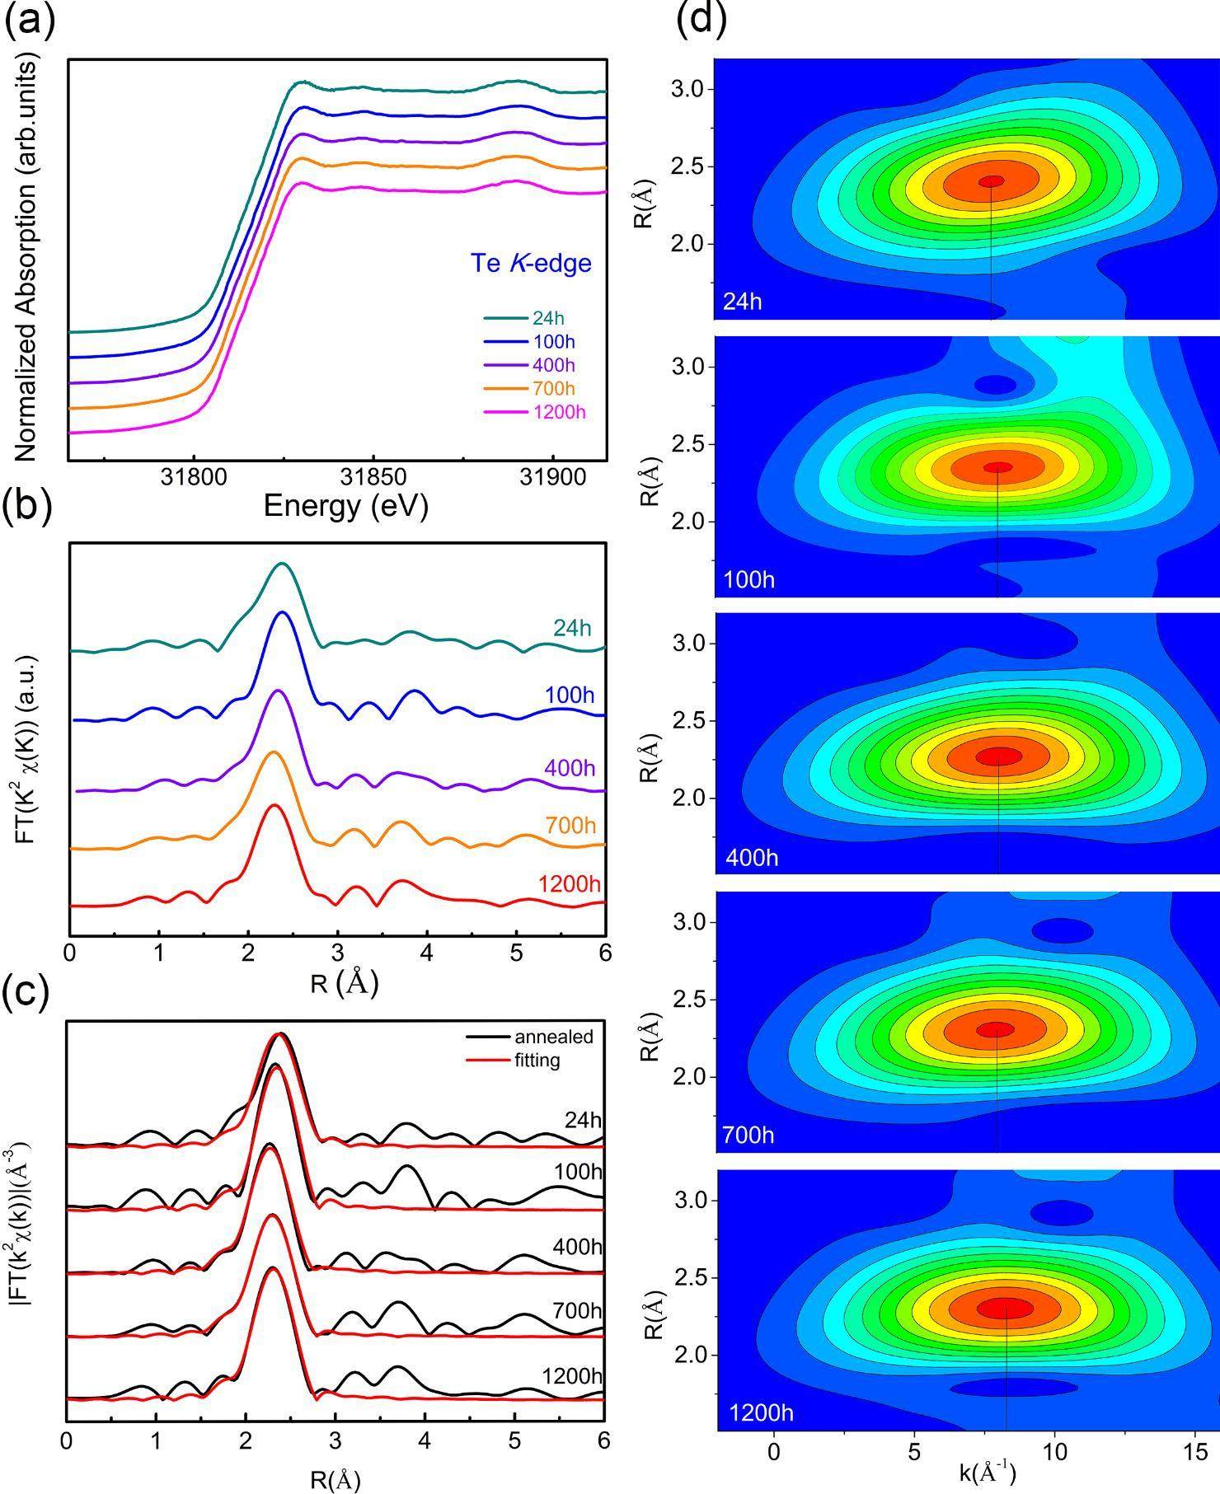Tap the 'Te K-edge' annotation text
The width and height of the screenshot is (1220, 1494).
531,263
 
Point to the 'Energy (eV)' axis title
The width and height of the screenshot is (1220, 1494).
345,505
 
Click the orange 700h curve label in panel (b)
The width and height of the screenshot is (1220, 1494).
571,825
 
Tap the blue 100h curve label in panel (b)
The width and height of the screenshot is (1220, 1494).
569,695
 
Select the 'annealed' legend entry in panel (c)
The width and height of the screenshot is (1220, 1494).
553,1037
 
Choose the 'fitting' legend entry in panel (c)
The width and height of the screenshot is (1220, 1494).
537,1060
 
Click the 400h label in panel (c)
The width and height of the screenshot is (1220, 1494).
577,1247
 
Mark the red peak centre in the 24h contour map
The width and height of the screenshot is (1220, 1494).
991,181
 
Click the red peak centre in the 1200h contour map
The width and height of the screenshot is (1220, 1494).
1005,1307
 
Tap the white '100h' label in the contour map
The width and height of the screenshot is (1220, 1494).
748,580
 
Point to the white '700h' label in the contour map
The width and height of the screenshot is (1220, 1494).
748,1136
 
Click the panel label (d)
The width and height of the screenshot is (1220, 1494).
701,21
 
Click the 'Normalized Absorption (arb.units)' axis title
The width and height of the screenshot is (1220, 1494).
27,260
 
